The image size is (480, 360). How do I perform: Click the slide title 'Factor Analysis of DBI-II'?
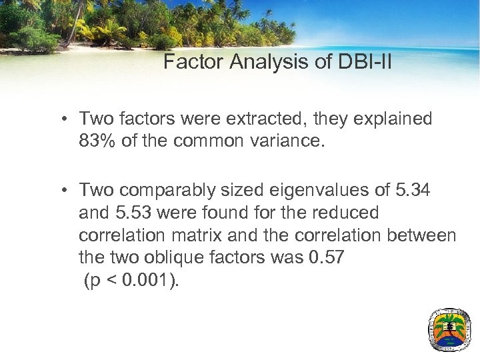coord(277,63)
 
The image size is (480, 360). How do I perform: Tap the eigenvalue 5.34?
coord(413,191)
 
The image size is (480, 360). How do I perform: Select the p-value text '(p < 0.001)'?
coord(131,281)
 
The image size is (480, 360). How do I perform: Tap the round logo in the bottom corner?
coord(449,329)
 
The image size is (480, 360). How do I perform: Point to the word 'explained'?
coord(394,119)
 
